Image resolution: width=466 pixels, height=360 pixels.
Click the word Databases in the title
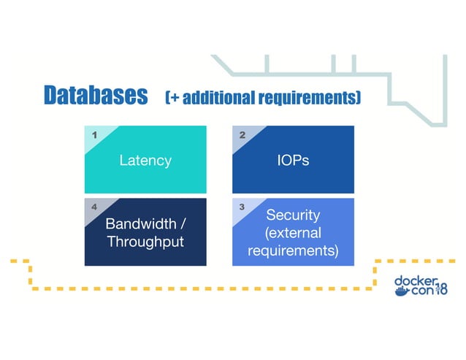click(95, 96)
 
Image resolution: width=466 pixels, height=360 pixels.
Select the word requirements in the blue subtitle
click(308, 98)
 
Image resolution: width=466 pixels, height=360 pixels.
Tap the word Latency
click(145, 160)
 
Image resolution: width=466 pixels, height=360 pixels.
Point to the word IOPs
click(293, 160)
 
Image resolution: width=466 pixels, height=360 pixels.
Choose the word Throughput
click(145, 241)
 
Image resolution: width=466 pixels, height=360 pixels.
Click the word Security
click(293, 215)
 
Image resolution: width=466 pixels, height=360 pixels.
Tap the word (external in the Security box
click(293, 233)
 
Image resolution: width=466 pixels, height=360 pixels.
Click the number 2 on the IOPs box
click(242, 135)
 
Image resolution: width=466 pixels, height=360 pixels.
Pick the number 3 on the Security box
click(242, 207)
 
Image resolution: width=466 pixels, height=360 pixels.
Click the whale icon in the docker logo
click(402, 291)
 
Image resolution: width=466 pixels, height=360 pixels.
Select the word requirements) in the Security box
click(293, 251)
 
